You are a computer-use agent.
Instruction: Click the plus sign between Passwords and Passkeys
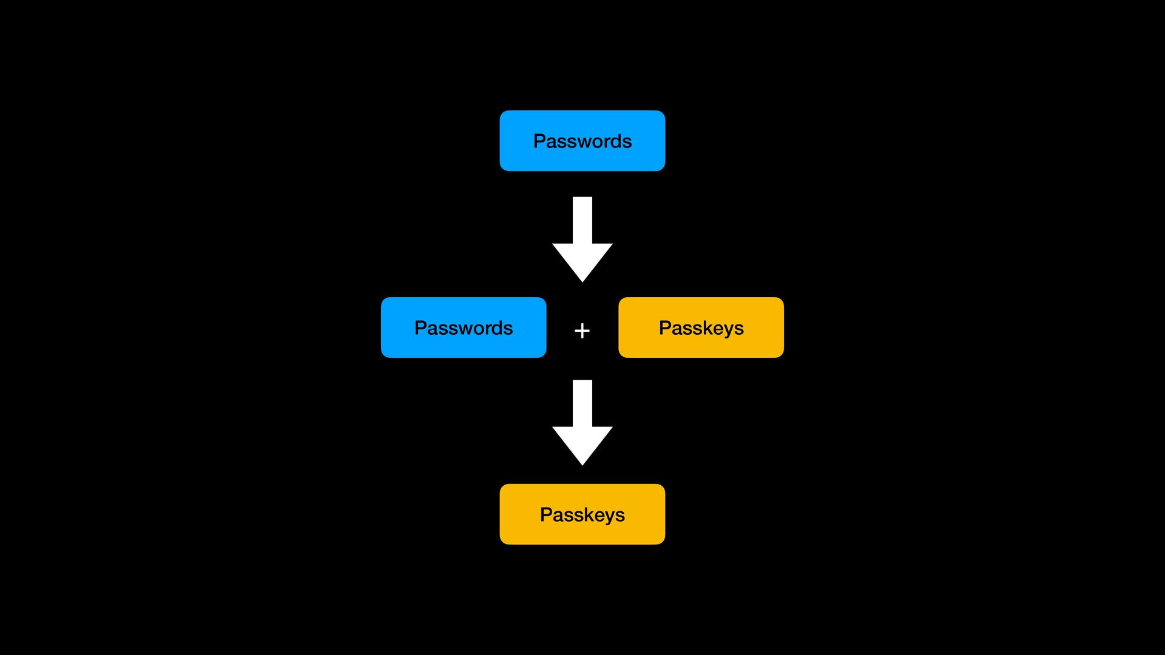click(x=582, y=331)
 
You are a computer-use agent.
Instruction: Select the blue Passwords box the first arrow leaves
click(x=582, y=141)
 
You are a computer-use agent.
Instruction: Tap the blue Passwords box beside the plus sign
click(x=464, y=327)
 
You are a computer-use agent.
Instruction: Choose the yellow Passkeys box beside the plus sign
click(x=701, y=327)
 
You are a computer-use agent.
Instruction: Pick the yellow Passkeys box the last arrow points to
click(x=582, y=514)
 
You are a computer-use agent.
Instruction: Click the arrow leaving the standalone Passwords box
click(x=582, y=240)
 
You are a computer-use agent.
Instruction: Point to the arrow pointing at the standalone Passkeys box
click(x=582, y=423)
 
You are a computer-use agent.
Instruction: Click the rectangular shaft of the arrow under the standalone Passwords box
click(x=582, y=220)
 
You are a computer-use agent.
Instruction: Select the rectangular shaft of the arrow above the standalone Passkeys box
click(x=582, y=403)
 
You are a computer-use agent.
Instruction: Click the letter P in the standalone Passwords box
click(x=539, y=141)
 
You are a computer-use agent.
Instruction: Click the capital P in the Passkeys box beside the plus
click(x=665, y=327)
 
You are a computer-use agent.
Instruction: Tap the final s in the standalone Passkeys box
click(x=620, y=516)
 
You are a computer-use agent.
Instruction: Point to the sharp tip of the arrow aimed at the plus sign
click(x=582, y=282)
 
